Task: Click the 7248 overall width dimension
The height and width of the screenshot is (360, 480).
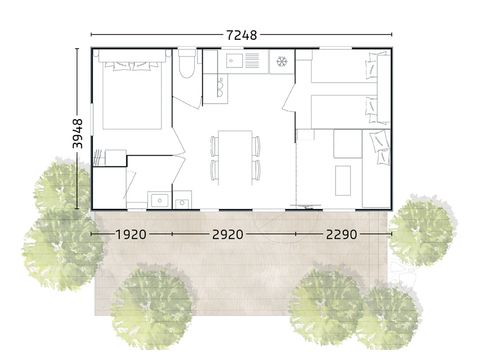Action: tap(241, 35)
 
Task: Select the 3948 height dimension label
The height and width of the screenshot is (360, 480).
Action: tap(79, 130)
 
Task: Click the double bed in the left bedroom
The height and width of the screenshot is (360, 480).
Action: tap(130, 95)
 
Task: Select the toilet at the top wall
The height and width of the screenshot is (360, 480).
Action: tap(188, 66)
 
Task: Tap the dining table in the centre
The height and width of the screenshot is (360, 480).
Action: tap(235, 155)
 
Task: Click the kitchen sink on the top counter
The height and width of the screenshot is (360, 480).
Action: tap(245, 63)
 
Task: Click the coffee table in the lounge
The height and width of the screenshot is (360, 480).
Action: tap(342, 179)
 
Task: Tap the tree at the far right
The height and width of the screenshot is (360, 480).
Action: tap(419, 228)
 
